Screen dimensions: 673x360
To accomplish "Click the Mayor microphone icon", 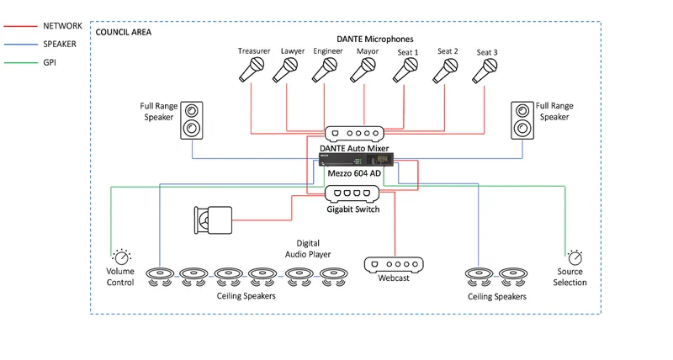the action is [x=363, y=71].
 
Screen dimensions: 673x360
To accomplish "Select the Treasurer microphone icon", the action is [x=252, y=70].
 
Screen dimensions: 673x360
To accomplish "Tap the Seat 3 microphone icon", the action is [x=485, y=71].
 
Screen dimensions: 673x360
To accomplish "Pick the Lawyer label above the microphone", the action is [x=293, y=51].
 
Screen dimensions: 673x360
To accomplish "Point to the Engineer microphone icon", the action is [x=325, y=70].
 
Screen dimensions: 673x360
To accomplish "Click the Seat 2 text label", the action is [x=448, y=51].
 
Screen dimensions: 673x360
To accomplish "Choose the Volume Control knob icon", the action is [x=121, y=257].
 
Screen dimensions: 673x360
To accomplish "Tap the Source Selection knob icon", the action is [x=575, y=257].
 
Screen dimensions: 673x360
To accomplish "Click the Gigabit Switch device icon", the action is [x=352, y=194].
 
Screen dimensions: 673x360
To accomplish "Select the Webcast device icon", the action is [x=394, y=265].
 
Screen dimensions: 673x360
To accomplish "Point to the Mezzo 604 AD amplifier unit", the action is [x=356, y=160].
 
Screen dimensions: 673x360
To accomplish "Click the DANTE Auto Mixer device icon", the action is [x=354, y=134].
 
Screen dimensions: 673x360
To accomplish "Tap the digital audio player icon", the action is [x=213, y=220].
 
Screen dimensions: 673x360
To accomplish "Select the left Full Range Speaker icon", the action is [x=192, y=120].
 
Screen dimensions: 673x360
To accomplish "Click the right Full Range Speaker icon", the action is [x=522, y=120].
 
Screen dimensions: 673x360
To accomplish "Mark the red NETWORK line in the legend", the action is [x=20, y=26].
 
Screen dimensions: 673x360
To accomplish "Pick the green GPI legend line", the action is [x=20, y=62].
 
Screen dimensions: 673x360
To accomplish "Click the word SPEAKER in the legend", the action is [x=60, y=45].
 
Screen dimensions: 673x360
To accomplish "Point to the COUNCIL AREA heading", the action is [x=123, y=32].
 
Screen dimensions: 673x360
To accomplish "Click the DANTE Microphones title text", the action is [x=374, y=39].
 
